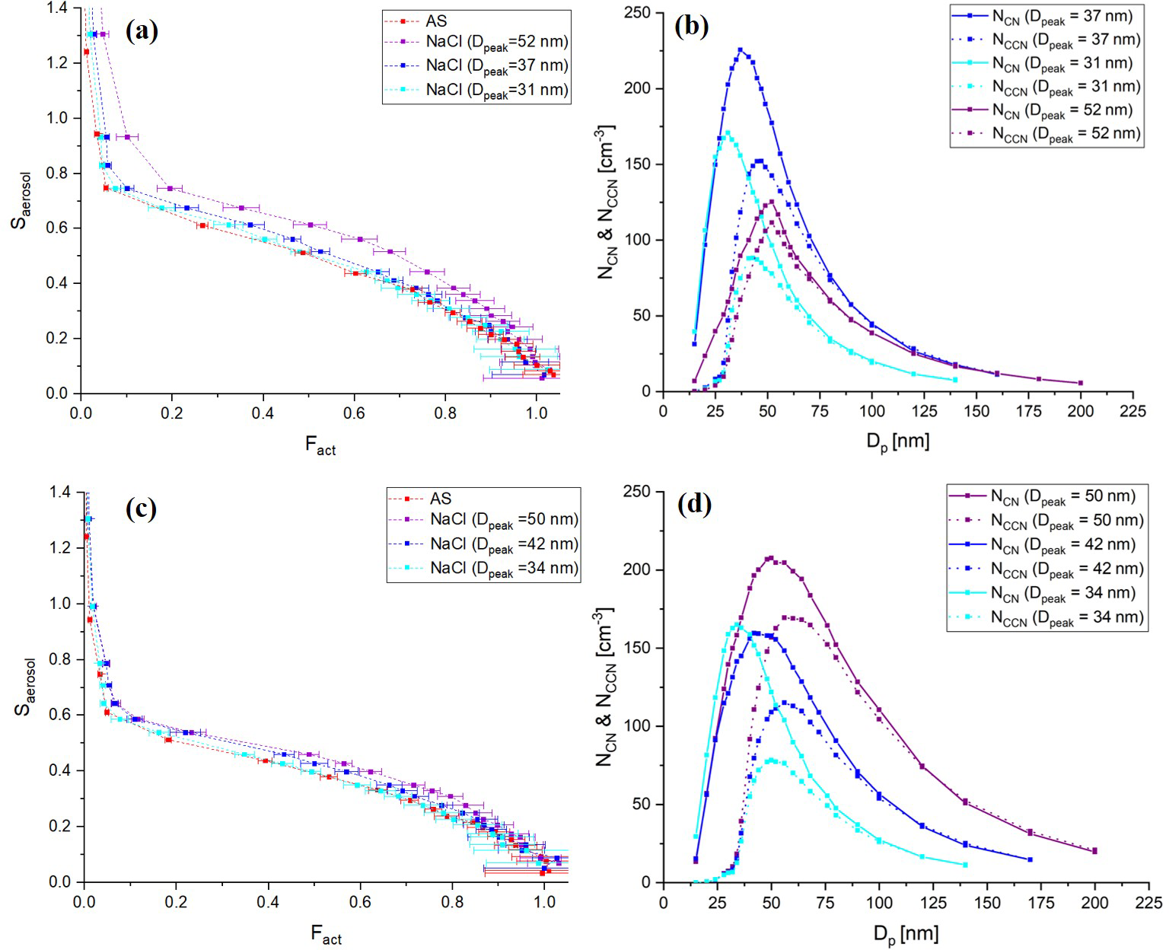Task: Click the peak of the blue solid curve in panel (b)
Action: point(740,49)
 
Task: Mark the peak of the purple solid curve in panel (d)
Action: point(771,558)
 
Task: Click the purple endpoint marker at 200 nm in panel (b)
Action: point(1080,383)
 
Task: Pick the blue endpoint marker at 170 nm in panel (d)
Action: point(1030,859)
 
